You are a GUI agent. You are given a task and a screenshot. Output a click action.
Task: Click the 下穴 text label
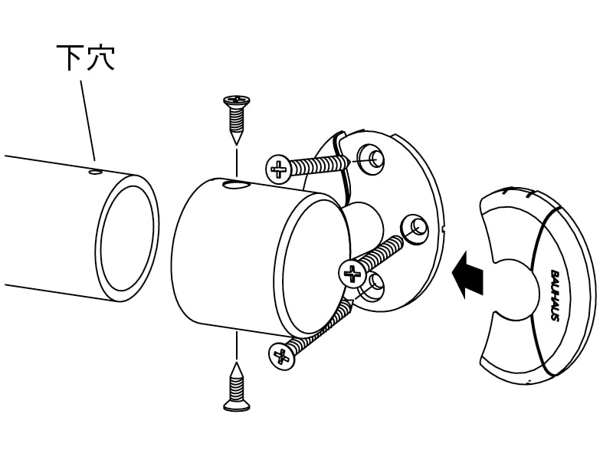point(86,58)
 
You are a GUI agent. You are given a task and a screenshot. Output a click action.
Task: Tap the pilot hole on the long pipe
point(95,171)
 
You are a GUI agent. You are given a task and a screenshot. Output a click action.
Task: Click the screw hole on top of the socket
point(235,184)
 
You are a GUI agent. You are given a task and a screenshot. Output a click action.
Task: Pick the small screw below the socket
point(237,387)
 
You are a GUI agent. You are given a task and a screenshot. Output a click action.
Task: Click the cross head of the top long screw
point(278,169)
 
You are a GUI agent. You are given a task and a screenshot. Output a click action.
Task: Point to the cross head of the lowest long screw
point(281,356)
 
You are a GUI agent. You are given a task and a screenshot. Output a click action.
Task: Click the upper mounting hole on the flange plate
point(371,159)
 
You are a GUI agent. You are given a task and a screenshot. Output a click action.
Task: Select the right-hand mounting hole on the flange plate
point(415,228)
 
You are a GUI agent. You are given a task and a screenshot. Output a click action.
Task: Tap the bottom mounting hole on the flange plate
point(372,287)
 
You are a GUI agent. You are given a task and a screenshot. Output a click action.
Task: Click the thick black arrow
point(467,275)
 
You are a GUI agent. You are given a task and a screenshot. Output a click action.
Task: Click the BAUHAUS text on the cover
point(555,295)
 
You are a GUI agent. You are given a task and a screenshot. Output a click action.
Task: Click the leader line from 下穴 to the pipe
point(87,120)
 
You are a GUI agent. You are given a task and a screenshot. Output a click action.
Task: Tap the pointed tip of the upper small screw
point(237,144)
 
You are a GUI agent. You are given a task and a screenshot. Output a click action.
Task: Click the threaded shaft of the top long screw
point(320,165)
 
